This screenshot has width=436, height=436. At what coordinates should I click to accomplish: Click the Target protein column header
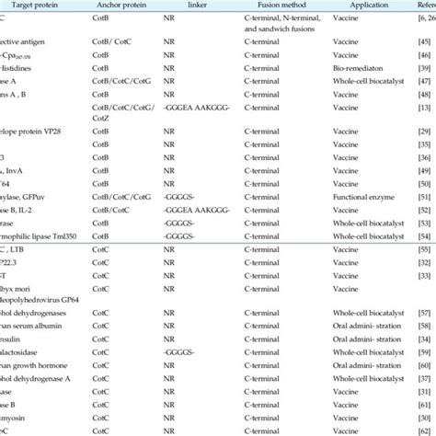tap(28, 6)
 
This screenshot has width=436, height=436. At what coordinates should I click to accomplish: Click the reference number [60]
tap(425, 340)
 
